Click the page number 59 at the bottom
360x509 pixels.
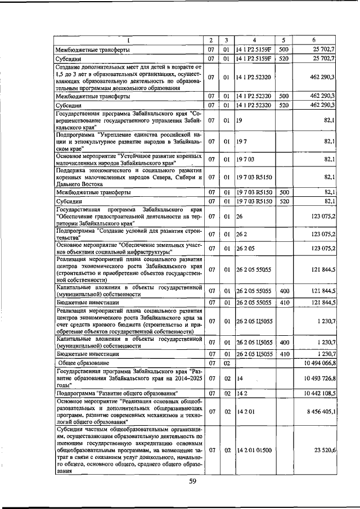tap(192, 481)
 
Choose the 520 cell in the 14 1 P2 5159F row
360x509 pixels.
tap(283, 58)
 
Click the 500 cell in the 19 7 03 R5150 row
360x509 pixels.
tap(283, 192)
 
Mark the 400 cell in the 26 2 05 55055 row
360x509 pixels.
tap(283, 290)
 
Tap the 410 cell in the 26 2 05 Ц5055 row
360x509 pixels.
tap(283, 354)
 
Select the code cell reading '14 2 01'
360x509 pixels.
tap(245, 412)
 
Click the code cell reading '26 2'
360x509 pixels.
tap(242, 233)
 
